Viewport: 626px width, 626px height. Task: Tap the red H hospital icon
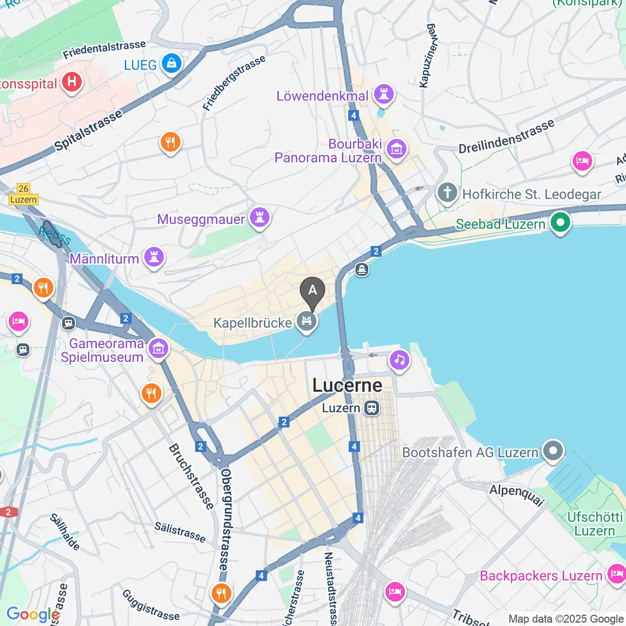click(72, 82)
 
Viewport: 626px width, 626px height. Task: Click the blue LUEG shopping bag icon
click(171, 64)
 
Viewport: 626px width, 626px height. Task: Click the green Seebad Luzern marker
click(560, 223)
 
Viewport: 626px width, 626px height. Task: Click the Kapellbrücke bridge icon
click(307, 321)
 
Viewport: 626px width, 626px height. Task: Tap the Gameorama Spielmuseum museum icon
click(158, 349)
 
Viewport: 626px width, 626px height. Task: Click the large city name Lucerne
click(347, 385)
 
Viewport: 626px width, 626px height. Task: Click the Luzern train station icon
click(372, 408)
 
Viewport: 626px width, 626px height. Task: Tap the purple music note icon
click(400, 360)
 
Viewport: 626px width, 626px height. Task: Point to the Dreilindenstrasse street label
click(506, 136)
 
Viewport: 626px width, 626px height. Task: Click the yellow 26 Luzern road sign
click(23, 194)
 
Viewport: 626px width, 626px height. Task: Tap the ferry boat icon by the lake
click(362, 269)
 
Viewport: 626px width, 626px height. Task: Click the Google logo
click(33, 614)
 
